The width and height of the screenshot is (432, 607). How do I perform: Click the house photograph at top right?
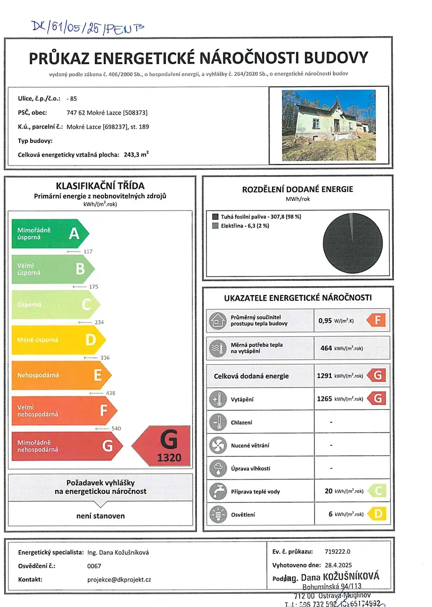tap(329, 125)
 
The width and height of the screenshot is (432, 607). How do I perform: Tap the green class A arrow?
tap(50, 233)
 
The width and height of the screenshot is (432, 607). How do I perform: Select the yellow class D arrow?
tap(59, 339)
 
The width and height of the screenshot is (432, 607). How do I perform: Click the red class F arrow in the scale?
tap(64, 410)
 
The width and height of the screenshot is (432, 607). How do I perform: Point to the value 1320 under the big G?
tap(168, 458)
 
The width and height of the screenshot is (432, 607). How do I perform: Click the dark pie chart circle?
tap(353, 241)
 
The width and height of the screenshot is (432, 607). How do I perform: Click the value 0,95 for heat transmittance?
tap(325, 320)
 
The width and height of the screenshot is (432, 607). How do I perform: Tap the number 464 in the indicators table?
tap(326, 348)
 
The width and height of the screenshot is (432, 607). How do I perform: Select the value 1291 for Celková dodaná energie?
tap(324, 375)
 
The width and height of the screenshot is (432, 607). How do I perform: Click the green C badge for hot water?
tap(377, 491)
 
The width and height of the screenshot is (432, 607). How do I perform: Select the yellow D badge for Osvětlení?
tap(377, 513)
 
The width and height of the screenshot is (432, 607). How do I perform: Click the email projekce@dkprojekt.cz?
tap(119, 580)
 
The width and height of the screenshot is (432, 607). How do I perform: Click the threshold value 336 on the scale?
tap(104, 358)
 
